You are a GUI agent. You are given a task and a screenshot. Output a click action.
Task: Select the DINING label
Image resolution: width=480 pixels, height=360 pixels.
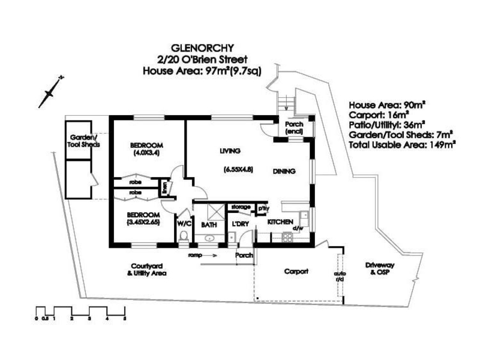coord(284,172)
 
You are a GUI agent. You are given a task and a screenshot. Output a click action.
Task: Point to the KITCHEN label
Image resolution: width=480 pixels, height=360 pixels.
coord(279,222)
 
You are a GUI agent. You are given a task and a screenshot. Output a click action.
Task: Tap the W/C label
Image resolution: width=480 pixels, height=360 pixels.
coord(184,223)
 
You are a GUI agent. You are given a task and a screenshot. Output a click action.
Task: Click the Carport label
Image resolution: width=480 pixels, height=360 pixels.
coord(296,271)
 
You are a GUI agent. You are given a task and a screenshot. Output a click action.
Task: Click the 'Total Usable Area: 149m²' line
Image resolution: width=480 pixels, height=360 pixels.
coord(403,145)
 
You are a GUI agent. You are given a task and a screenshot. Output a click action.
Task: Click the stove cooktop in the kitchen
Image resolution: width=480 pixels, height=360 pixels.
coord(288,236)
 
